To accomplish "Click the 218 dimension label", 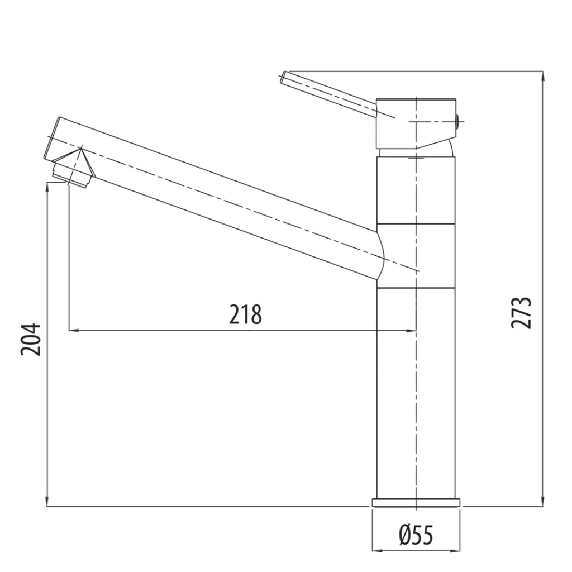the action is [246, 314].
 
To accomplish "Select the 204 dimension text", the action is [31, 339].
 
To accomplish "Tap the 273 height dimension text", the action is [521, 313].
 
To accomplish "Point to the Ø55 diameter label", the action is [416, 535].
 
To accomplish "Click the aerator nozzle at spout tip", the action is [71, 175].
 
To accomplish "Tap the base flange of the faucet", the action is [416, 502].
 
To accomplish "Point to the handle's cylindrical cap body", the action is [416, 123].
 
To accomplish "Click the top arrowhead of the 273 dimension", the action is [543, 77].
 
